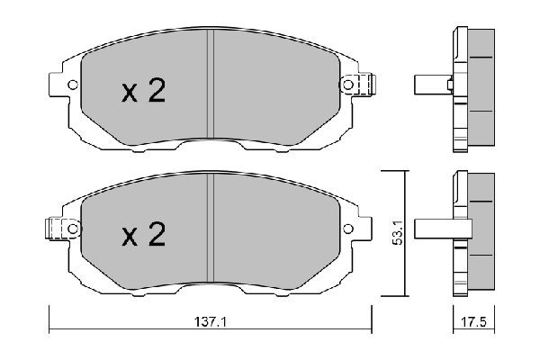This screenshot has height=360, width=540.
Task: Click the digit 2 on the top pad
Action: pyautogui.click(x=157, y=92)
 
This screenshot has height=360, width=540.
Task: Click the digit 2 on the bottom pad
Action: pyautogui.click(x=157, y=236)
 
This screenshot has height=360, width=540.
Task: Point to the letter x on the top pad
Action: pyautogui.click(x=129, y=94)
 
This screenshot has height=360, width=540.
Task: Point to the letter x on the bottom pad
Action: pyautogui.click(x=129, y=238)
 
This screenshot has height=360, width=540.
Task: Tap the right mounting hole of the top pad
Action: pyautogui.click(x=348, y=85)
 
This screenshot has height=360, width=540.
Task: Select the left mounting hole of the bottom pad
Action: pyautogui.click(x=70, y=229)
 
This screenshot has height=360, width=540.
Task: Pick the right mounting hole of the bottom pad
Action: pyautogui.click(x=348, y=229)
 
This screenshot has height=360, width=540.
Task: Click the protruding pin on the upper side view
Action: pyautogui.click(x=429, y=86)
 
